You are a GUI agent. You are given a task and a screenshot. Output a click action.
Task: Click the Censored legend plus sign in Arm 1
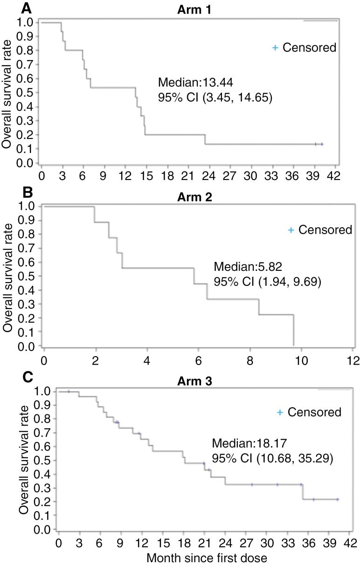[275, 48]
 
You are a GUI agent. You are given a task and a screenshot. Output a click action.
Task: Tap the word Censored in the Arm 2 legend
[325, 230]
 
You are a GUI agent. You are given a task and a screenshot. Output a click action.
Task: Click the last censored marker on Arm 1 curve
[322, 145]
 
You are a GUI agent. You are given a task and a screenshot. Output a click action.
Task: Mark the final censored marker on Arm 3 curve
[337, 499]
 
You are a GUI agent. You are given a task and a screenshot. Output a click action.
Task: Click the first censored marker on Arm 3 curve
[69, 392]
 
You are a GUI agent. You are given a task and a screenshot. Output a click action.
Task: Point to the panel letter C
[7, 377]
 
